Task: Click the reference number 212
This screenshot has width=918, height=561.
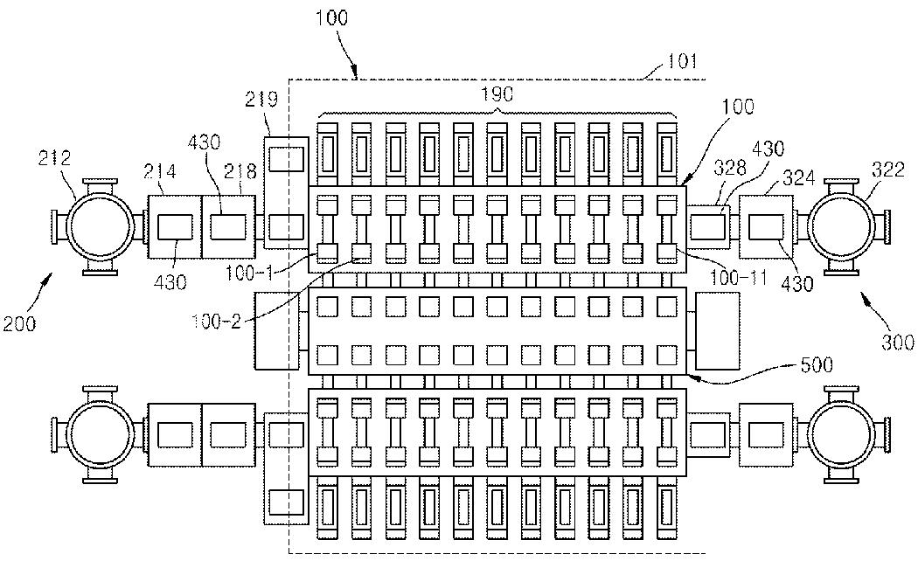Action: click(x=54, y=158)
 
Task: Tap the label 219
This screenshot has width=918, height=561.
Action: click(x=261, y=100)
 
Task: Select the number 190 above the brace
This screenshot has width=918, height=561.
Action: click(x=497, y=93)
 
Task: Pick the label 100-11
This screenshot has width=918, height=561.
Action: click(x=738, y=277)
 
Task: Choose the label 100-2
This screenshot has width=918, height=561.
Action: click(x=216, y=322)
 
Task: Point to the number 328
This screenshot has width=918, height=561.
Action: click(x=730, y=168)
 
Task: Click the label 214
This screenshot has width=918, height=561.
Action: click(x=160, y=171)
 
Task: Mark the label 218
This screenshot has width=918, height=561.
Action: click(x=240, y=171)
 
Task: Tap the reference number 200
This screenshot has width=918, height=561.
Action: click(x=19, y=323)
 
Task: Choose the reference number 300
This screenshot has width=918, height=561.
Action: click(x=898, y=343)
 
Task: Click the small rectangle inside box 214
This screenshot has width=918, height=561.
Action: click(x=175, y=227)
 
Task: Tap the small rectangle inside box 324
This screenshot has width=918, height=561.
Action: click(x=766, y=227)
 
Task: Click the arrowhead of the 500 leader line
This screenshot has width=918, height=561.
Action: click(x=692, y=374)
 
